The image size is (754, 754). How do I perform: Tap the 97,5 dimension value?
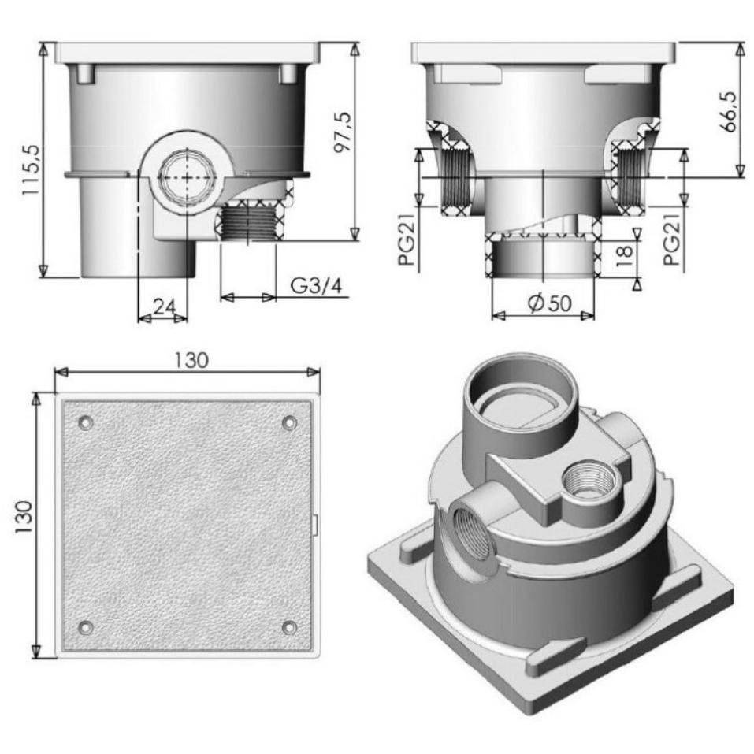tap(344, 132)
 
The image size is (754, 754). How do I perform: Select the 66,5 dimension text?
tap(730, 112)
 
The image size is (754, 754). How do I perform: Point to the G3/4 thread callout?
tap(317, 286)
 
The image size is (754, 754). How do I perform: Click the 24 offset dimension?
tap(165, 306)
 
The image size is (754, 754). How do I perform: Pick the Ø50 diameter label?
tap(549, 303)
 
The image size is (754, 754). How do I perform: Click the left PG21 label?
tap(407, 240)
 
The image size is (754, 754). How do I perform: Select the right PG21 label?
tap(672, 239)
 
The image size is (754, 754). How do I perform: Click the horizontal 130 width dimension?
tap(191, 360)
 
